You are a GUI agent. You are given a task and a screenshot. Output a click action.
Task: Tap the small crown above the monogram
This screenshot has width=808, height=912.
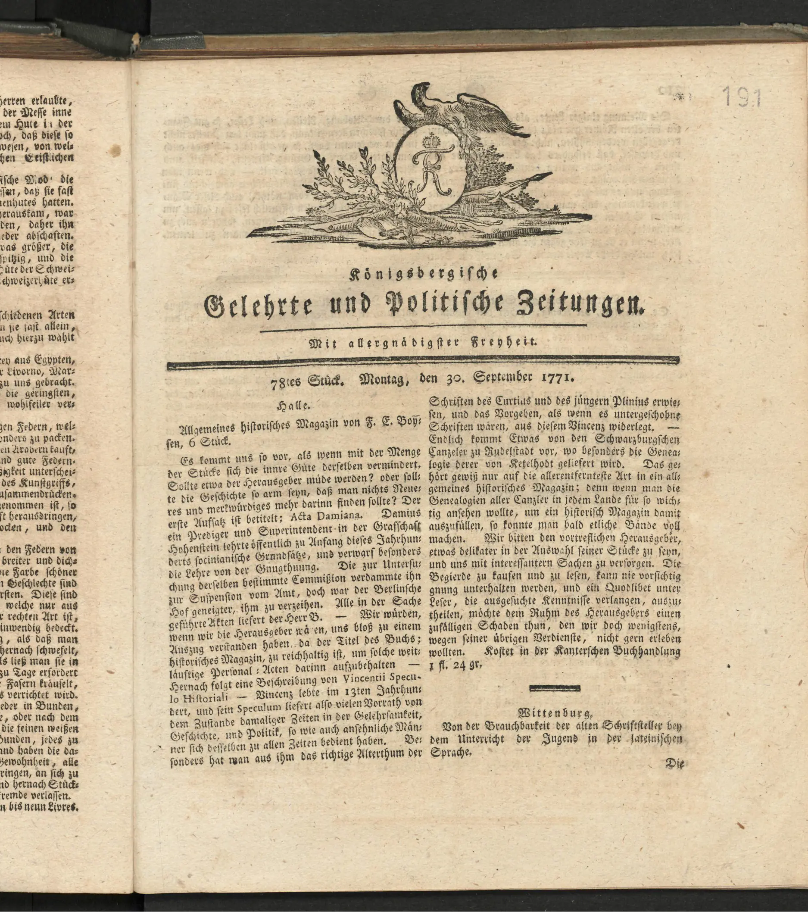tap(431, 141)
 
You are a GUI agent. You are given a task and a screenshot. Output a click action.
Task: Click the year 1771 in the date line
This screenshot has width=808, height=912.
tap(557, 378)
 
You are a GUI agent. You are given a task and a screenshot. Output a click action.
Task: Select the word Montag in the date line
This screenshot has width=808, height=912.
tap(384, 380)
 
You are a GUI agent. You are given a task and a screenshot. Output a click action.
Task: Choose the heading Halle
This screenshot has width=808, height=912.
tap(293, 406)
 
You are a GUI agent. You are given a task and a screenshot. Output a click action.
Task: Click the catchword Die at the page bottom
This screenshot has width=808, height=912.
tap(674, 763)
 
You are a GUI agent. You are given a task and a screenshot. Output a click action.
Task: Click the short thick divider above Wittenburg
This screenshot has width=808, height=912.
tap(555, 688)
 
